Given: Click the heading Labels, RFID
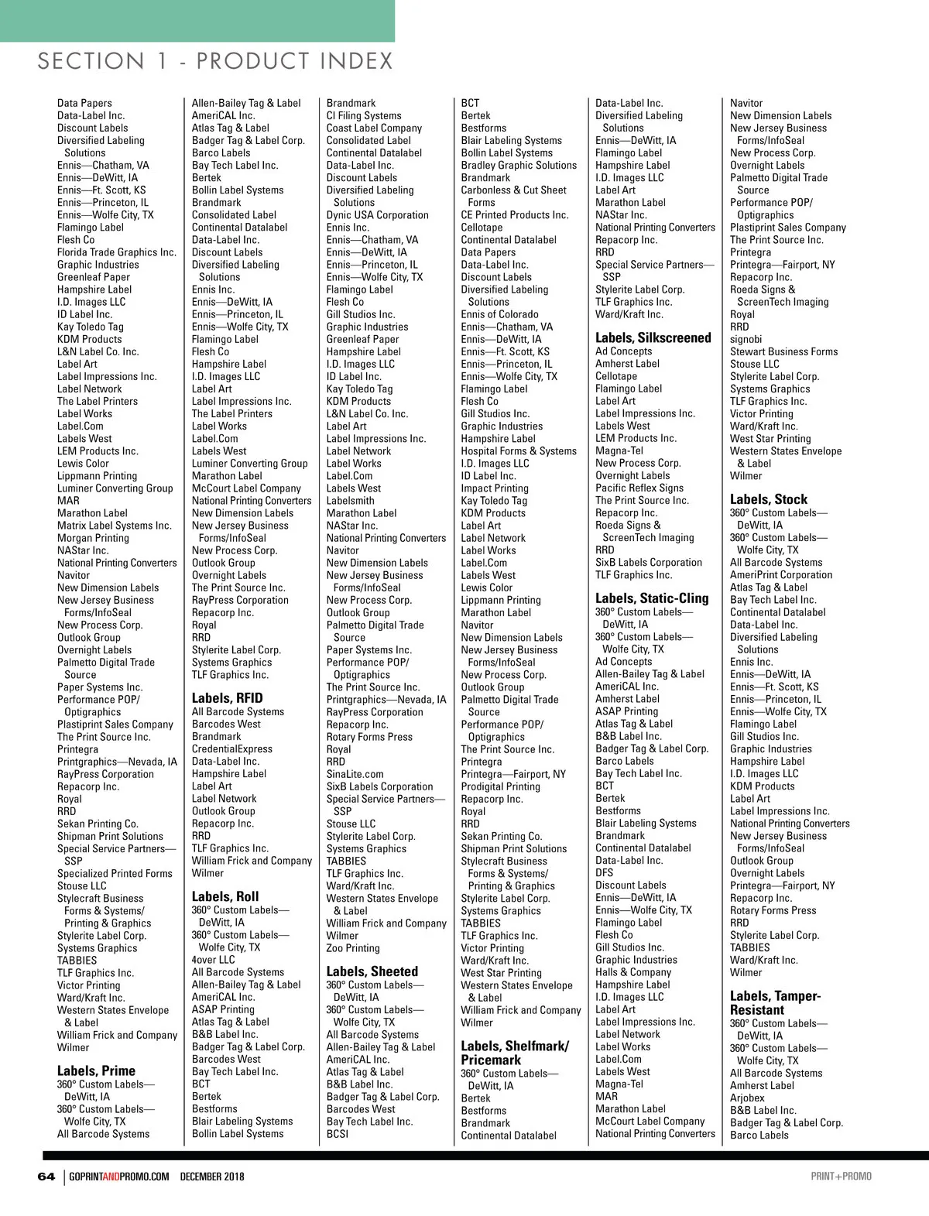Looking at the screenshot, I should (227, 698).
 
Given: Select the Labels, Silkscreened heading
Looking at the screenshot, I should (653, 338).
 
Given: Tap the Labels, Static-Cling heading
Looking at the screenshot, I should (652, 598).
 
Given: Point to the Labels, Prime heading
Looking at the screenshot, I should (96, 1071).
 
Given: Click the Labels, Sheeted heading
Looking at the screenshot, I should (372, 971).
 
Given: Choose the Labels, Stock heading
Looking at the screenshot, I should (768, 499).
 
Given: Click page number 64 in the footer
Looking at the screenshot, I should (46, 1177).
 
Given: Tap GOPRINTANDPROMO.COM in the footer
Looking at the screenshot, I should (119, 1177).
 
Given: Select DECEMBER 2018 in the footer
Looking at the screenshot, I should (212, 1177).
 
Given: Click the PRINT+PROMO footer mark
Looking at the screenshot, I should (841, 1177).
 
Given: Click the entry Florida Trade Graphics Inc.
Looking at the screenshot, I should (116, 252).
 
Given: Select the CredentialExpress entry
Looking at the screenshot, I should (232, 749).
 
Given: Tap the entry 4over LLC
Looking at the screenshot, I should (213, 960).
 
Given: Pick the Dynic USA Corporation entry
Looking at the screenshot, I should (377, 215).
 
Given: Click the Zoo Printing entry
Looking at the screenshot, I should (353, 948).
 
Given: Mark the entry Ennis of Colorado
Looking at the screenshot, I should (499, 314).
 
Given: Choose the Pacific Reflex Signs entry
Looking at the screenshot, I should (639, 488).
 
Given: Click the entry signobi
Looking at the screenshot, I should (746, 339).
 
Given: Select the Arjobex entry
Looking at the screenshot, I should (747, 1098).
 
